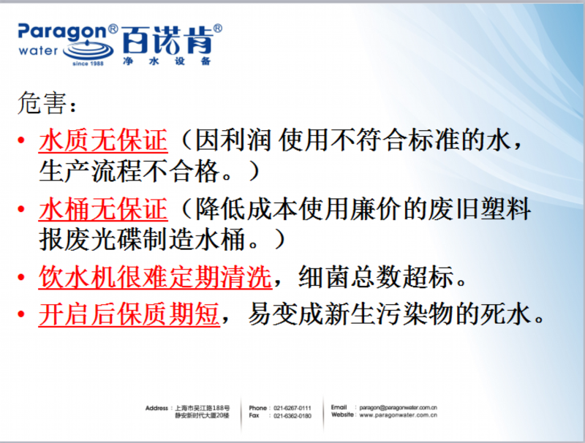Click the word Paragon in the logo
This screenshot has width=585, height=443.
click(62, 32)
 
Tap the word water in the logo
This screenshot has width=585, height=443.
click(39, 50)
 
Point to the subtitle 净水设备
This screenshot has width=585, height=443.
click(167, 61)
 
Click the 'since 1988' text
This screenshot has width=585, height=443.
click(88, 64)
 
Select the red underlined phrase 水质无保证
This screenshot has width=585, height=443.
click(103, 140)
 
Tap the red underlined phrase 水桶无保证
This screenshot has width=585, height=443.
click(103, 209)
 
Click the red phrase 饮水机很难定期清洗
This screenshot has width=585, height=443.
click(155, 277)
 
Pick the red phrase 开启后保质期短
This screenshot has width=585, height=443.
click(129, 314)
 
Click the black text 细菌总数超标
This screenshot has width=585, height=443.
click(377, 277)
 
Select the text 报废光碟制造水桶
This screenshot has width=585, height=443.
click(142, 239)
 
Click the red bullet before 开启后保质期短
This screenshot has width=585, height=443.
click(21, 314)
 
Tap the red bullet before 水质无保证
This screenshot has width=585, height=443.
click(21, 140)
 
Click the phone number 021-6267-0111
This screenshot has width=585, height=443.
click(292, 408)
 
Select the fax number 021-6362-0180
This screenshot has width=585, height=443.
click(292, 416)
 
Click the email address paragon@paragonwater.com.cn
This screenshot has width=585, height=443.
click(398, 408)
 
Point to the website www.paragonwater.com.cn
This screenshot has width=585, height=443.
click(398, 415)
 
